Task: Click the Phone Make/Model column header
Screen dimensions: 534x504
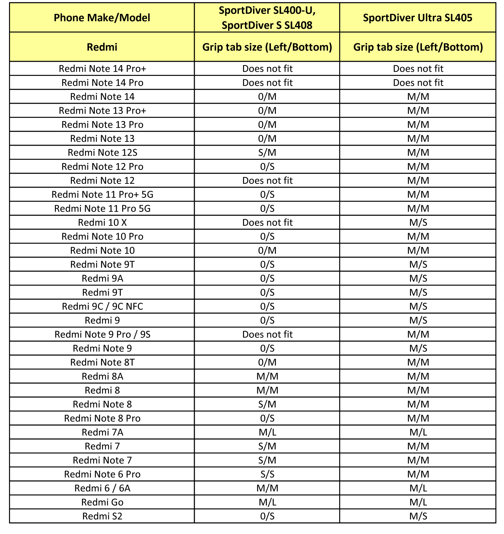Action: tap(102, 18)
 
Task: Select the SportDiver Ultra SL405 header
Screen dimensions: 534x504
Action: tap(418, 18)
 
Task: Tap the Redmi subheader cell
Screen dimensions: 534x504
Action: tap(102, 47)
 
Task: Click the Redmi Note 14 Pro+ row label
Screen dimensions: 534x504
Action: tap(102, 69)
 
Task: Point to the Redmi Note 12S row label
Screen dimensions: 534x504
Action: tap(102, 153)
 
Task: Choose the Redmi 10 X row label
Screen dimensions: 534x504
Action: tap(102, 222)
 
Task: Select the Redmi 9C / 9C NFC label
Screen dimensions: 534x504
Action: tap(102, 306)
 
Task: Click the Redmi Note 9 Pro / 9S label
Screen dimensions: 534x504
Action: tap(102, 334)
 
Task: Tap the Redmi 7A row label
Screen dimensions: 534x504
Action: tap(102, 432)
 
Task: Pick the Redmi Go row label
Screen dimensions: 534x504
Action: tap(102, 502)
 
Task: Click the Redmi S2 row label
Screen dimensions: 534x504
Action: tap(102, 516)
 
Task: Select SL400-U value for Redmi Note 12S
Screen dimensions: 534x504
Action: tap(267, 153)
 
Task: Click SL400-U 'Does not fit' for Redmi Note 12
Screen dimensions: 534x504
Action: tap(267, 180)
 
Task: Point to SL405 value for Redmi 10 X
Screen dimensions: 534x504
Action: tap(418, 222)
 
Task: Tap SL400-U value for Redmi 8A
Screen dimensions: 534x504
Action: tap(267, 376)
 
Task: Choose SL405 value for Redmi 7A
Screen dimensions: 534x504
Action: tap(418, 432)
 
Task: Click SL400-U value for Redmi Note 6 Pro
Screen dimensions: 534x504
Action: tap(267, 474)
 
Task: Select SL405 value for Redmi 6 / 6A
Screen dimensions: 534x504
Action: tap(418, 488)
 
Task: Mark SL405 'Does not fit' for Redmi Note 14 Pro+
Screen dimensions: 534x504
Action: tap(418, 69)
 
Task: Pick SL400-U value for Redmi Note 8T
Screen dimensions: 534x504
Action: tap(267, 362)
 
